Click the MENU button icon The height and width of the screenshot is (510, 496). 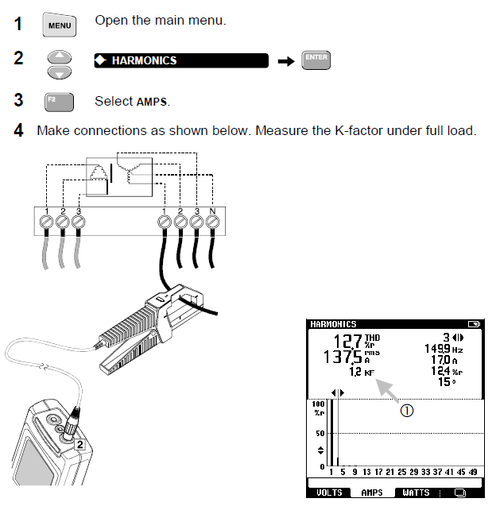coord(59,25)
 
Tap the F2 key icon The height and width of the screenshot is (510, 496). coord(59,102)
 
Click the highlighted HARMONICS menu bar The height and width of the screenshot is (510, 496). coord(181,60)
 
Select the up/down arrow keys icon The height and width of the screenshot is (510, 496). coord(59,65)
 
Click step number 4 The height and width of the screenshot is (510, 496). coord(18,129)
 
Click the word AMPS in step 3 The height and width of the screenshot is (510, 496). coord(153,102)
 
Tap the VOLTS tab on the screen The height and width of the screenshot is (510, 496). coord(329,493)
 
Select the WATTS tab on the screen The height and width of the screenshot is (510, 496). coord(415,493)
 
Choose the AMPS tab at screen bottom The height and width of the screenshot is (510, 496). coord(372,493)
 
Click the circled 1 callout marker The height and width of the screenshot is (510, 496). coord(407,411)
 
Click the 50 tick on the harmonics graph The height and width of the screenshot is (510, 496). coord(319,434)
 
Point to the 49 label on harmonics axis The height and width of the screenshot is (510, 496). coord(474,472)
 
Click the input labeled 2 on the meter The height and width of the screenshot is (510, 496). coord(80,445)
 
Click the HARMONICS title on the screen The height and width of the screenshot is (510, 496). coord(333,324)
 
